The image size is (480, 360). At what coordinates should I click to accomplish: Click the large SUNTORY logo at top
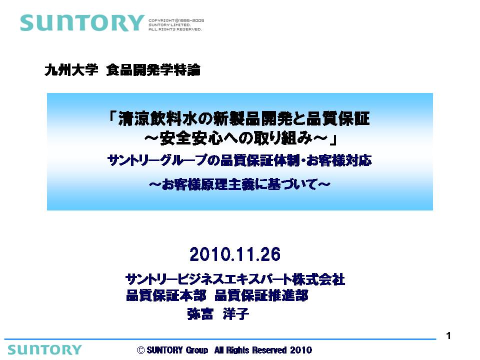point(82,23)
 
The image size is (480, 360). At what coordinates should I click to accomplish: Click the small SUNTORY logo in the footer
point(44,349)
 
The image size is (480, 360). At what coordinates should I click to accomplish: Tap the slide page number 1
point(448,336)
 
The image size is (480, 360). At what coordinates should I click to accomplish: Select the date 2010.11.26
point(235,254)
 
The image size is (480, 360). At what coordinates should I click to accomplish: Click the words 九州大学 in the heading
point(71,70)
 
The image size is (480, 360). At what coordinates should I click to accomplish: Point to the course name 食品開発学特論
point(153,70)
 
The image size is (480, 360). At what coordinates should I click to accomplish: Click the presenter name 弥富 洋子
point(218,314)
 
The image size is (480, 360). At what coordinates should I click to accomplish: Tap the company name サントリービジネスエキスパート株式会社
point(235,279)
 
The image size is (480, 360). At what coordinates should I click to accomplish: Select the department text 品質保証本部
point(166,295)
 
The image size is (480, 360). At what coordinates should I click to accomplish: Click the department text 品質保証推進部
point(261,295)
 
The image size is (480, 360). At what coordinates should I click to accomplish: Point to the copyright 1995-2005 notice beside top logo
point(176,25)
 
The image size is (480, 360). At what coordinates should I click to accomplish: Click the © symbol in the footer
point(141,350)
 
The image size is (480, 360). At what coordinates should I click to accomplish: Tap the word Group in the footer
point(197,350)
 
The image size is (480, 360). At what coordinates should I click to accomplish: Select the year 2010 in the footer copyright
point(301,350)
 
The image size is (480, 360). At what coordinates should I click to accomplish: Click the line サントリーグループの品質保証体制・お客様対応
point(239,160)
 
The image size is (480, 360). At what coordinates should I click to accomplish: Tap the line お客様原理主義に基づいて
point(239,184)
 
